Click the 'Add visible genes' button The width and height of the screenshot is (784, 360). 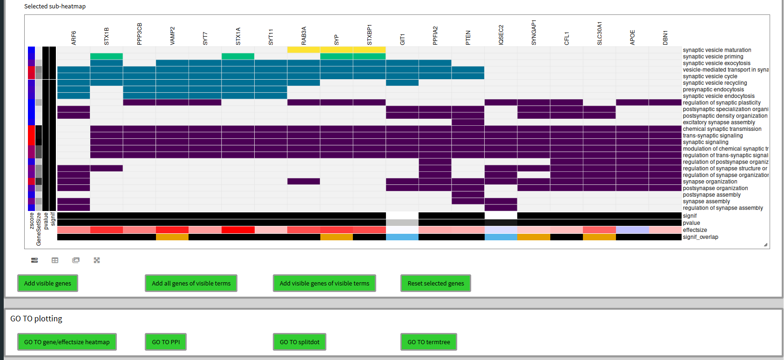tap(47, 283)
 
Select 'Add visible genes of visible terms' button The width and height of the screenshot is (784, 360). tap(324, 283)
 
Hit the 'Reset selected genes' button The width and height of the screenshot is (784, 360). tap(435, 283)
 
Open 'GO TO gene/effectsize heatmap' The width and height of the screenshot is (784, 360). tap(67, 342)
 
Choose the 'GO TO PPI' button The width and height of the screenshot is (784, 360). tap(166, 342)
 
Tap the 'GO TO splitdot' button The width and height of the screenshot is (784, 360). tap(299, 342)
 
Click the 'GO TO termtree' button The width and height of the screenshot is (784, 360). tap(428, 342)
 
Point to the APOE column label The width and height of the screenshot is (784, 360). tap(632, 37)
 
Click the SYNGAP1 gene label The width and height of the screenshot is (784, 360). tap(534, 32)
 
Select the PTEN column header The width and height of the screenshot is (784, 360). tap(468, 37)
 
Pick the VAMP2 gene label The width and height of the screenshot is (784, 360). tap(172, 35)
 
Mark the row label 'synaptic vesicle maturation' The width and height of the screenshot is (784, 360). tap(716, 50)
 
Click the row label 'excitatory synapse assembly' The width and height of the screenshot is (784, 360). tap(719, 122)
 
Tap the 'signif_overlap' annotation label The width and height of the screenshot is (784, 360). tap(700, 237)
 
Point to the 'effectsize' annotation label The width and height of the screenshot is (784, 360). tap(695, 230)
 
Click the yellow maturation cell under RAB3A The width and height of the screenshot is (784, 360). tap(304, 50)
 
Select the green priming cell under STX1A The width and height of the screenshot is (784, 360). tap(238, 56)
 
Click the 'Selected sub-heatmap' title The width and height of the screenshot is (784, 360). tap(55, 7)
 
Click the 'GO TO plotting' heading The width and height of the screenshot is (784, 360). tap(36, 319)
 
